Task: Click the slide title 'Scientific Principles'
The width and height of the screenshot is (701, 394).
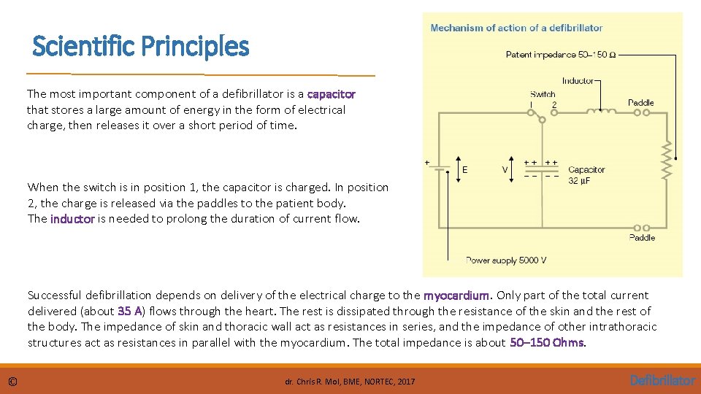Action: pos(141,47)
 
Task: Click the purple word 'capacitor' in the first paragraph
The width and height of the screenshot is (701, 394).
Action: pos(332,94)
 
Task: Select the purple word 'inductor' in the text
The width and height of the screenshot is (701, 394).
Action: pos(72,219)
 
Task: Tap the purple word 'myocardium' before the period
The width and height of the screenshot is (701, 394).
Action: pos(457,295)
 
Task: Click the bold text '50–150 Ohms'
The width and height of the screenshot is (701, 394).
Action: pos(548,343)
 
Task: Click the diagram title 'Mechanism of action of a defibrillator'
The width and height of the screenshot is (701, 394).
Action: pos(516,28)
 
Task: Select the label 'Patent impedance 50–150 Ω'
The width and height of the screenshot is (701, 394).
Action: pos(560,55)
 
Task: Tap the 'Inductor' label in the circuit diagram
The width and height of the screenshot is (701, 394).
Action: pos(578,80)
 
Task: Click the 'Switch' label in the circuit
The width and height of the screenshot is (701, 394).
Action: pos(543,93)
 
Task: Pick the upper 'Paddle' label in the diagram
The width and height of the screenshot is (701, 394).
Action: pos(641,103)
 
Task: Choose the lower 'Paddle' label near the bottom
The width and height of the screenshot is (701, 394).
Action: pos(642,238)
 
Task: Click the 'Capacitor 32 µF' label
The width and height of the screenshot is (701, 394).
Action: pos(586,175)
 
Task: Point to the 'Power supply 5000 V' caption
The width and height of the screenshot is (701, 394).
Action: pos(506,260)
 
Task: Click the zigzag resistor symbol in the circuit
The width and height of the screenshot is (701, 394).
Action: pos(666,161)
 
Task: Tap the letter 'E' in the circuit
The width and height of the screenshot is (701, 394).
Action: pos(466,169)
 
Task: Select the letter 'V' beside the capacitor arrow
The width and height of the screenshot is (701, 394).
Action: pos(505,169)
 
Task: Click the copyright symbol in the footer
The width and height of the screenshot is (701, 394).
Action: pos(13,381)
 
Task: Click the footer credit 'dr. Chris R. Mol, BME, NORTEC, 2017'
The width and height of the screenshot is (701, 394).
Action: pos(350,382)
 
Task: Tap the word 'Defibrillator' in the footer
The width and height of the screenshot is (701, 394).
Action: pos(662,380)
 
